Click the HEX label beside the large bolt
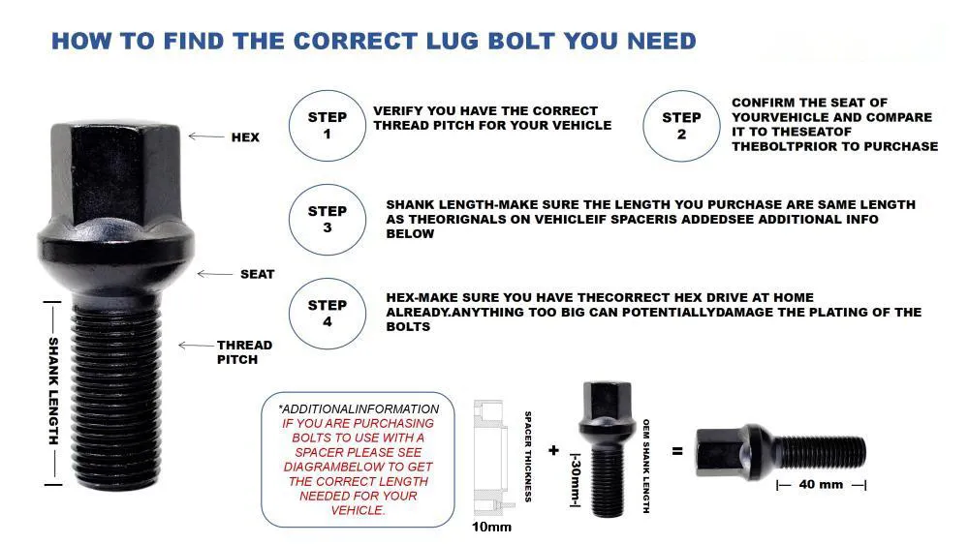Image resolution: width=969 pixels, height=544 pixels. coord(245,137)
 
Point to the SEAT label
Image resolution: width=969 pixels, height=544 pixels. coord(257,274)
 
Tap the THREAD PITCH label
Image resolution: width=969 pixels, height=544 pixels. coord(244,352)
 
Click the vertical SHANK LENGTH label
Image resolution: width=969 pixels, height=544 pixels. coord(53,391)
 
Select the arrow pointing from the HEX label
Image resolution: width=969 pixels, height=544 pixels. coord(206,136)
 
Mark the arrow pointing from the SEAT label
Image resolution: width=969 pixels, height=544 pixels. coord(215,274)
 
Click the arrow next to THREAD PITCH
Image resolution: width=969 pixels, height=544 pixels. coord(196,346)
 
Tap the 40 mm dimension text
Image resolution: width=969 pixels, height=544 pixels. coord(821,485)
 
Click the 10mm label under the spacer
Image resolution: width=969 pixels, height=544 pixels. coord(491,528)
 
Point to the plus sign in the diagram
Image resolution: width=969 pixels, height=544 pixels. coord(553,451)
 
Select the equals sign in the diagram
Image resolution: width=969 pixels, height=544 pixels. coord(677,451)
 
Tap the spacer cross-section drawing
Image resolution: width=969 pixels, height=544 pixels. coord(492,458)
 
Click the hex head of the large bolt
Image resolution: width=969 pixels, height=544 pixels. coord(115,175)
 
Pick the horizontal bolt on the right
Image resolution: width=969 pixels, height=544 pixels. coord(781,452)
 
